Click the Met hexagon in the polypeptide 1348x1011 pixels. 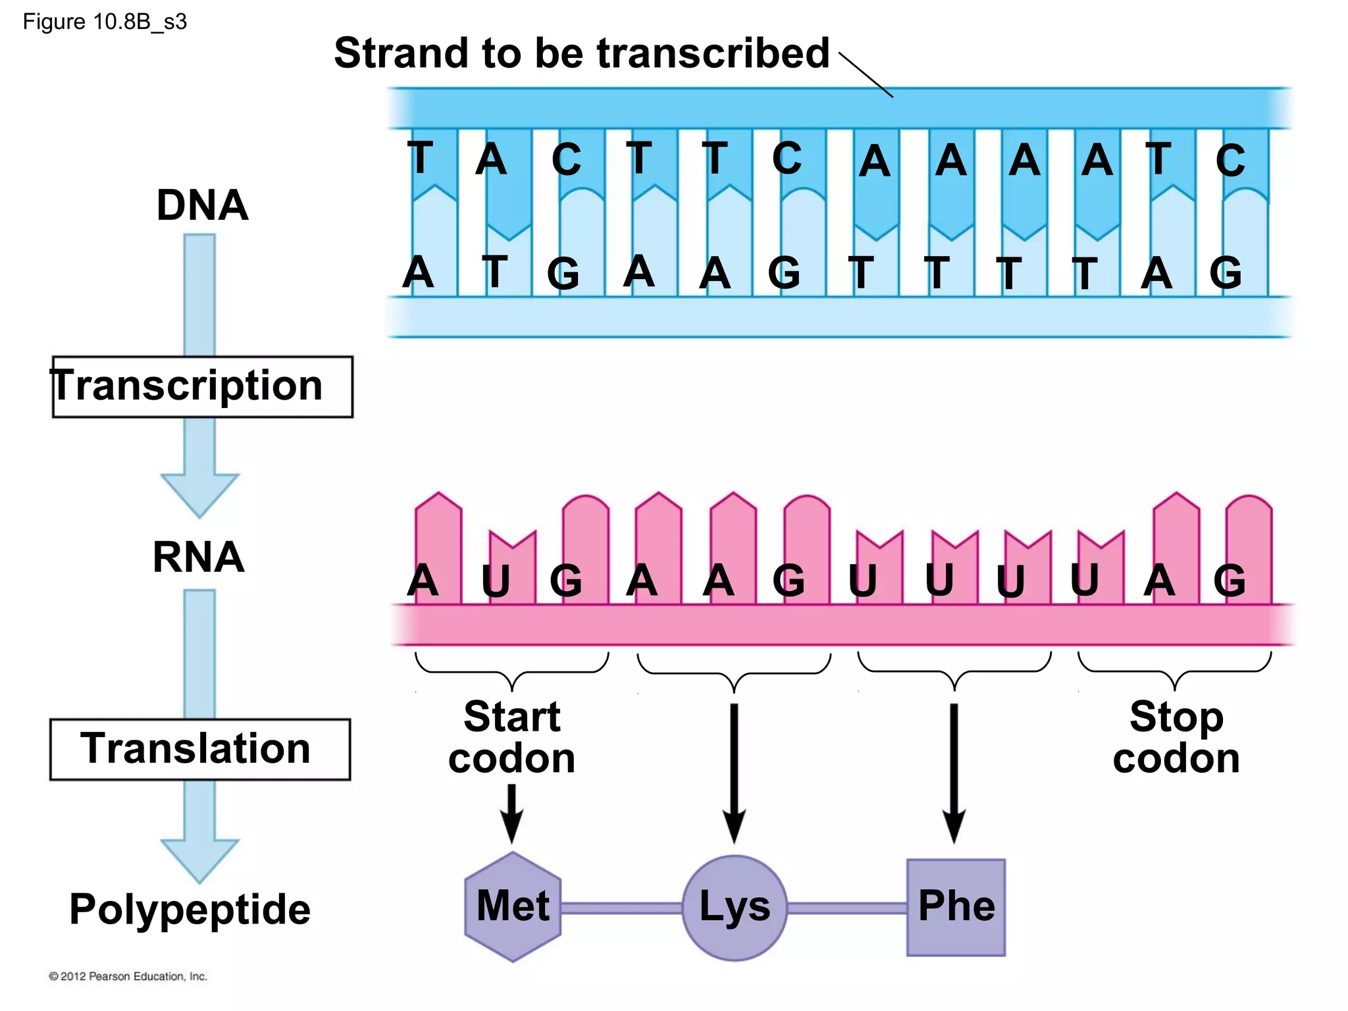coord(513,906)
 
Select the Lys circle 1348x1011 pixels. coord(735,907)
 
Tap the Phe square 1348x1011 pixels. coord(956,907)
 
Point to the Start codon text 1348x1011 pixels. coord(511,737)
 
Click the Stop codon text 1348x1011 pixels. coord(1176,737)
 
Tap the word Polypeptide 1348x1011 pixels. coord(190,909)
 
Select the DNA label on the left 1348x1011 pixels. coord(202,205)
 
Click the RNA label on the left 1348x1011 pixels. coord(198,557)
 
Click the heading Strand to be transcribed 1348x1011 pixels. coord(581,53)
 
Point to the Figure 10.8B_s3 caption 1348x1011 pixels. coord(105,22)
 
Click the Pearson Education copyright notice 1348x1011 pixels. coord(128,976)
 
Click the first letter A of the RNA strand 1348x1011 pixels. coord(422,581)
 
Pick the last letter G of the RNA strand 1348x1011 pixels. coord(1230,581)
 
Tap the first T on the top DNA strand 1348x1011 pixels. coord(421,158)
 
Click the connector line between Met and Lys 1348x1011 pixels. coord(621,908)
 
